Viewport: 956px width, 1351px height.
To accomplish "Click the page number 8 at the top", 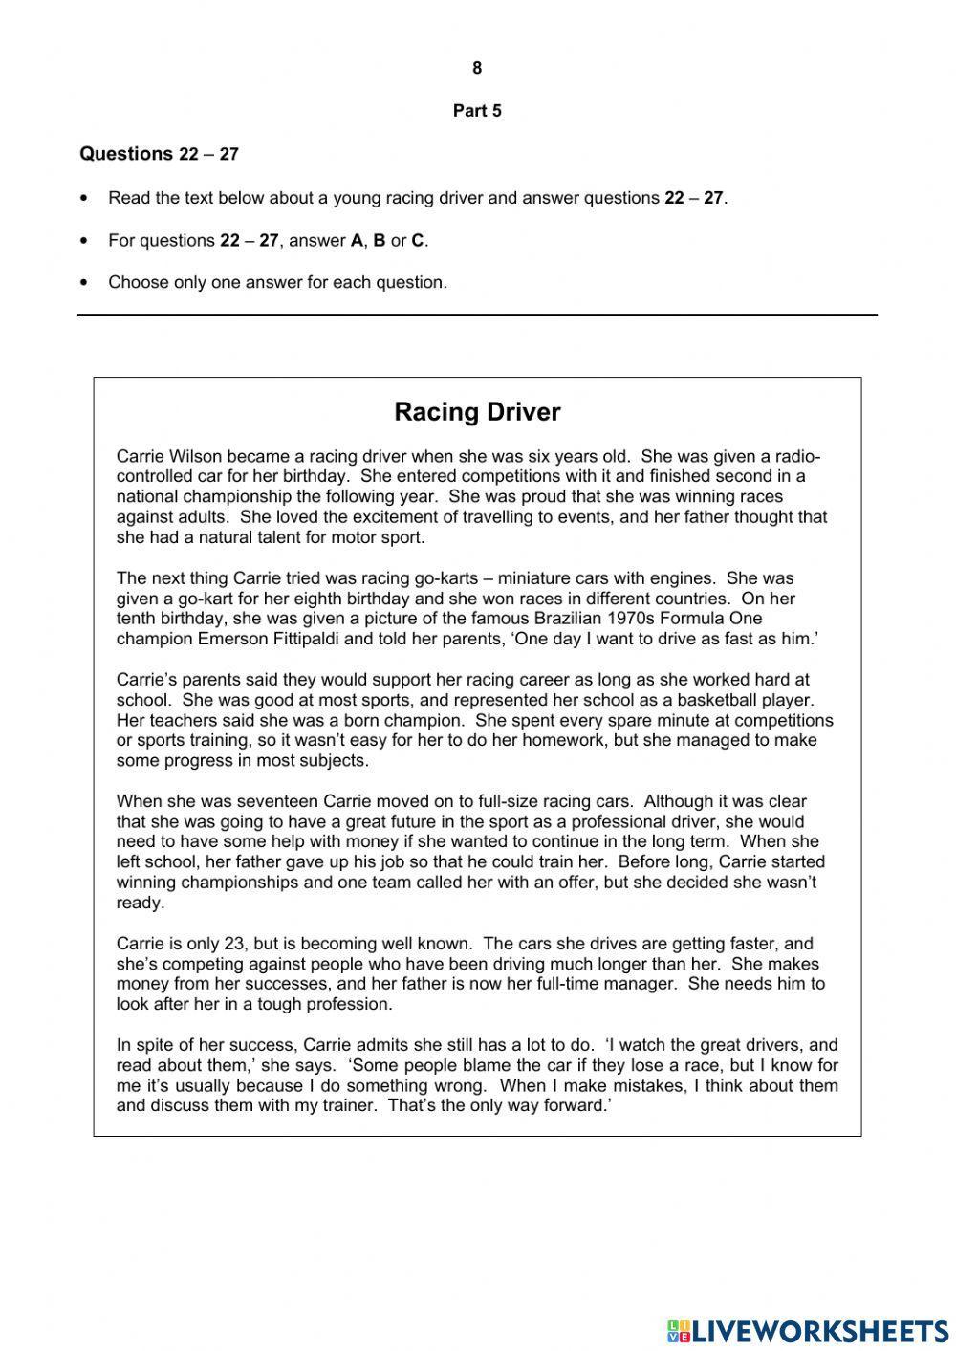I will (477, 68).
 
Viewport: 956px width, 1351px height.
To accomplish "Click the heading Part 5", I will (477, 111).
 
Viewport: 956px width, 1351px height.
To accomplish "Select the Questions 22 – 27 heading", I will (159, 154).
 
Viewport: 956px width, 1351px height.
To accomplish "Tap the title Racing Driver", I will (477, 412).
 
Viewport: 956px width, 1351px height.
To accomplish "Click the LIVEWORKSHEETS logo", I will (808, 1330).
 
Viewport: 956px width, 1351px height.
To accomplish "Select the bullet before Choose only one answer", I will (86, 283).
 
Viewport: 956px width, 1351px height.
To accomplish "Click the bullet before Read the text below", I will (86, 199).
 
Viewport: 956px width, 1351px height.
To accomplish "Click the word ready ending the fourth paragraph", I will (140, 903).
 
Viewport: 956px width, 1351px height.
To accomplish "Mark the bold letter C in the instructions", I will (417, 241).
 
